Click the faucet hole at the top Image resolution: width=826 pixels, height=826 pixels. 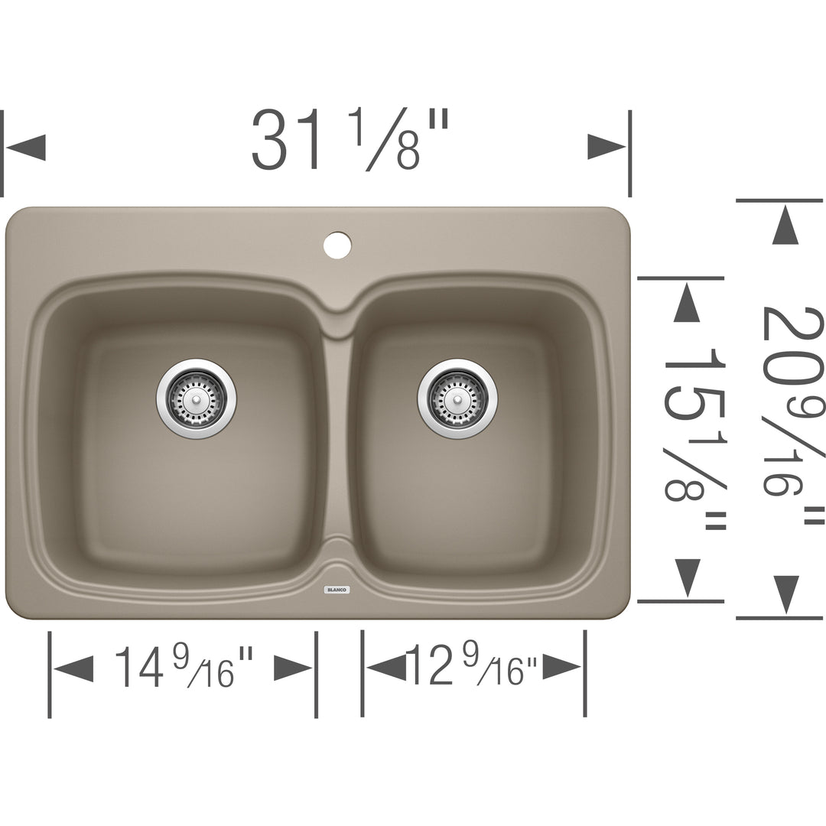pyautogui.click(x=337, y=244)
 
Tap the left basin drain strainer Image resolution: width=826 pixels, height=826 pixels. pyautogui.click(x=197, y=398)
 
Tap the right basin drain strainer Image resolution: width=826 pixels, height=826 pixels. pyautogui.click(x=457, y=398)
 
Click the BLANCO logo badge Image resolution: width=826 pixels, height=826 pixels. pyautogui.click(x=337, y=590)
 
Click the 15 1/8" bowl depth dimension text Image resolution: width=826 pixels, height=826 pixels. pyautogui.click(x=693, y=434)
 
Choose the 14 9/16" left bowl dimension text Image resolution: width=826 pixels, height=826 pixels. pyautogui.click(x=183, y=666)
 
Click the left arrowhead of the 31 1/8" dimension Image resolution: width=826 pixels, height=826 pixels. pyautogui.click(x=26, y=147)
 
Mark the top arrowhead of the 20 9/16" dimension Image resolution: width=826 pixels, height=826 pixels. pyautogui.click(x=785, y=226)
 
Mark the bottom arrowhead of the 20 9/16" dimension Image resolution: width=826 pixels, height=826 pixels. pyautogui.click(x=785, y=593)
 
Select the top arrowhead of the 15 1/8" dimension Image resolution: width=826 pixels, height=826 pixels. pyautogui.click(x=686, y=303)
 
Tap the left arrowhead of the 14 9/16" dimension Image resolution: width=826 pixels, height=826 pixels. pyautogui.click(x=74, y=668)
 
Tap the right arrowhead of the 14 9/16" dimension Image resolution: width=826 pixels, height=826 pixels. pyautogui.click(x=293, y=668)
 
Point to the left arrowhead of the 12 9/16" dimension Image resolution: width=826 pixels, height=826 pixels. pyautogui.click(x=386, y=668)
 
